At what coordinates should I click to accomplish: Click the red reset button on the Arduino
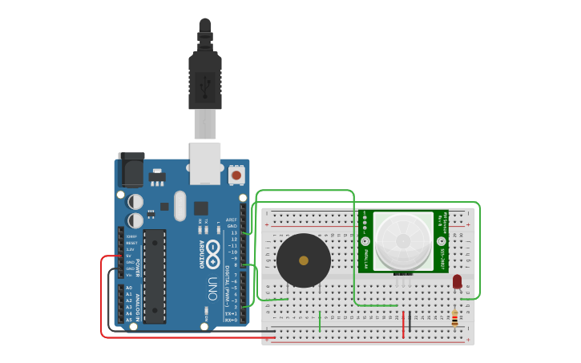(236, 175)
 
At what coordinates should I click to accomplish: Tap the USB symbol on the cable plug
(205, 83)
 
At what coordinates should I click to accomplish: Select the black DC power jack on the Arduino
(131, 169)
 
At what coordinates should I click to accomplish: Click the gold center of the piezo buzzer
(303, 260)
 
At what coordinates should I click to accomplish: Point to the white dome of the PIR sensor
(402, 239)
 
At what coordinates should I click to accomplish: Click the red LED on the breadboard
(457, 281)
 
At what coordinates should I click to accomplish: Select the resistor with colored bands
(455, 319)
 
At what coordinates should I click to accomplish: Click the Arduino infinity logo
(212, 254)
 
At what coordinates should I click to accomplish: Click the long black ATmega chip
(155, 276)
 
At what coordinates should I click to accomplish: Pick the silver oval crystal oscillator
(180, 206)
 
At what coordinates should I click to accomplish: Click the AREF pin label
(232, 220)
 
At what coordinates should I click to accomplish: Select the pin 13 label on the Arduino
(234, 232)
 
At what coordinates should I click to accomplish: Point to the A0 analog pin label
(128, 288)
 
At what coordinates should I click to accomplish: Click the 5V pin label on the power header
(130, 256)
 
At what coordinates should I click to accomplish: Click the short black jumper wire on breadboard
(410, 322)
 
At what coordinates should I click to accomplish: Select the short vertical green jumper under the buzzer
(320, 321)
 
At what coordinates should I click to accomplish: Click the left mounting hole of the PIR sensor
(365, 240)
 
